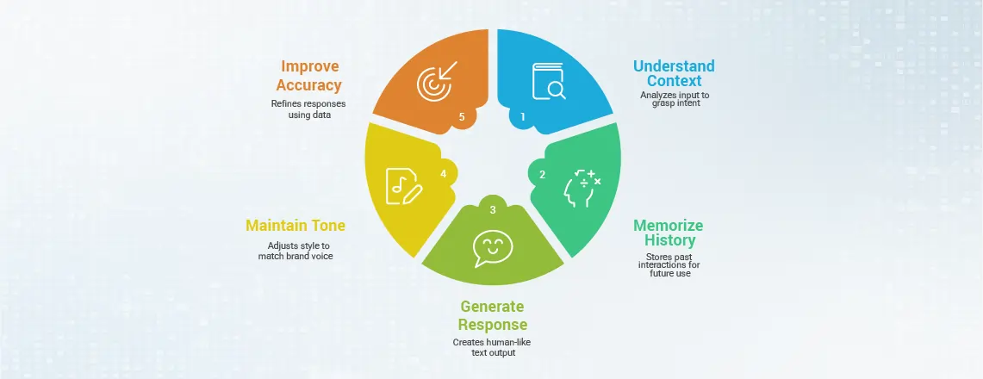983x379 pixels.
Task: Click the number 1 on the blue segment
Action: tap(523, 116)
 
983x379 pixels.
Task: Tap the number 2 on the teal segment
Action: tap(542, 175)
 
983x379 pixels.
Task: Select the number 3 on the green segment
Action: tap(493, 210)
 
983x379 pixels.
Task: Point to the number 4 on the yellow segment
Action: tap(443, 173)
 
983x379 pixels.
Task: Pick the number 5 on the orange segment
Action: tap(463, 116)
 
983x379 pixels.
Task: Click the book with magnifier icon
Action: tap(549, 81)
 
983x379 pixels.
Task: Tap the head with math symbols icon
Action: tap(582, 187)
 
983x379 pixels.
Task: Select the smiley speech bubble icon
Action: tap(493, 247)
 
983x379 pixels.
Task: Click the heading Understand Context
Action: tap(674, 73)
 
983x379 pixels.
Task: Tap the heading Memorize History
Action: tap(668, 233)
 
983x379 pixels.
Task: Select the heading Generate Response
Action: tap(493, 315)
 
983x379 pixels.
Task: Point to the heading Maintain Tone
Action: tap(296, 225)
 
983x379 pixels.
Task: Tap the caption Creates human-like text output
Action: tap(492, 347)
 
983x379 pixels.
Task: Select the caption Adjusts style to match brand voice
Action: tap(296, 252)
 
